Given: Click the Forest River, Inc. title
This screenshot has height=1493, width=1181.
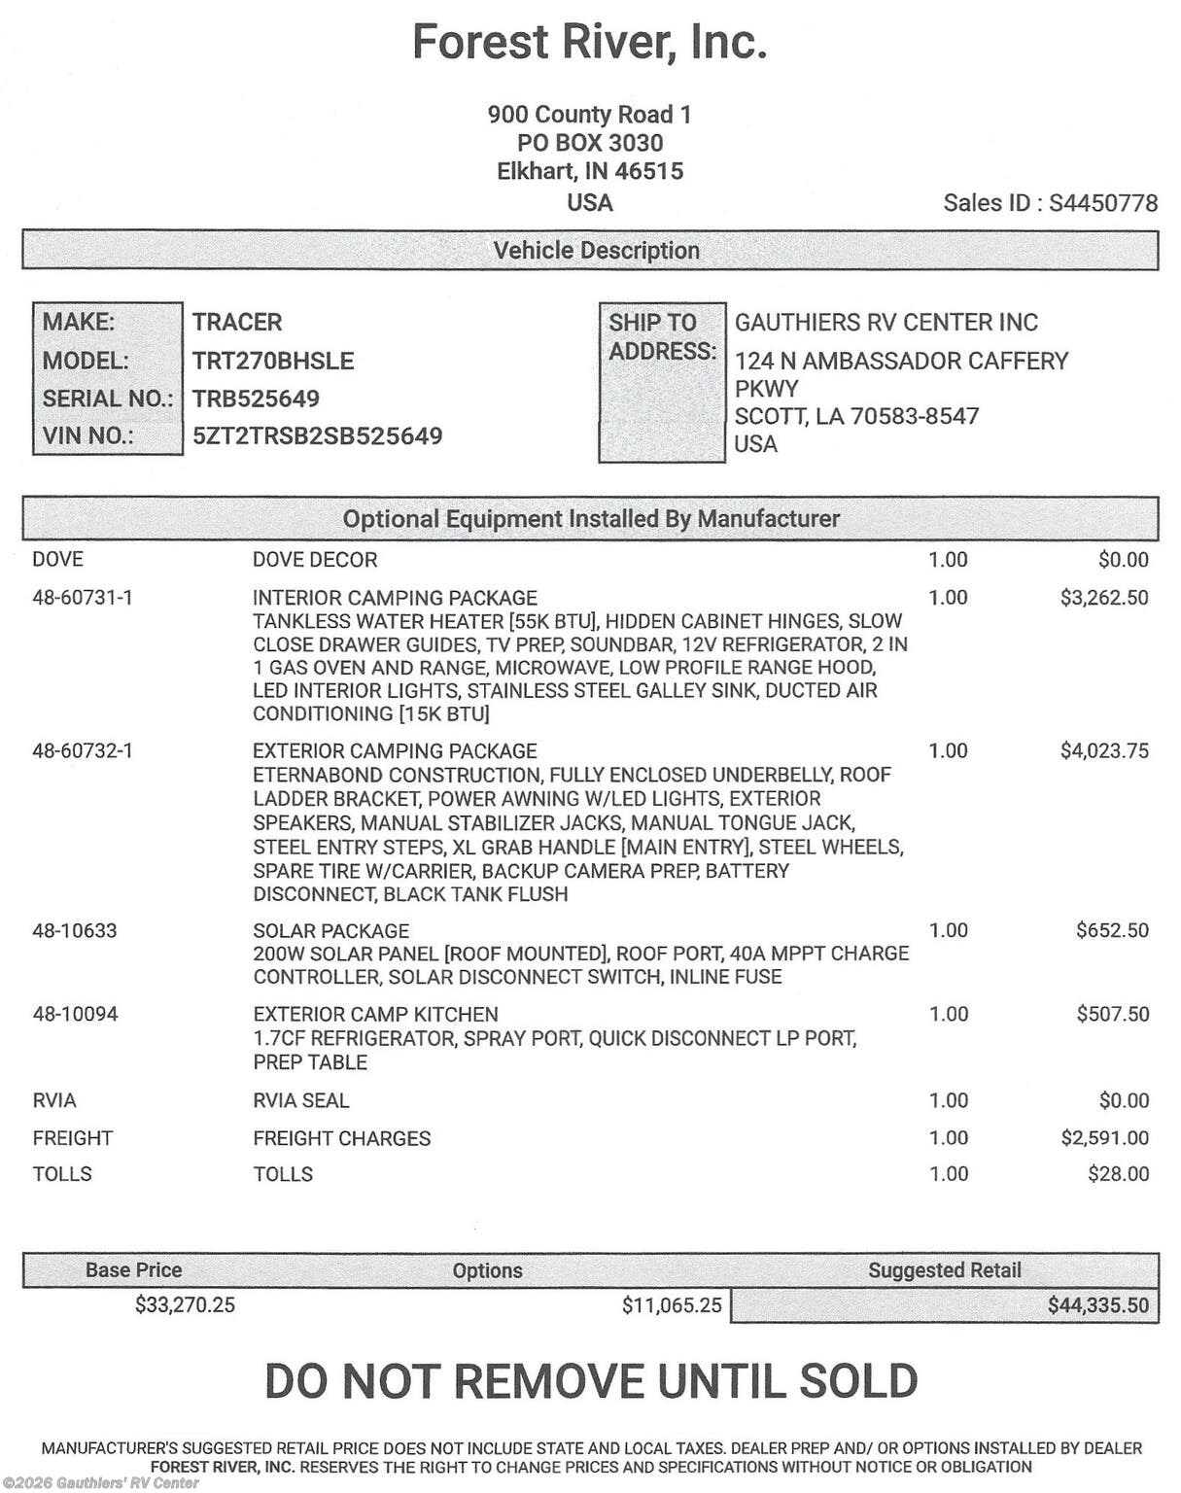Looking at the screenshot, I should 590,42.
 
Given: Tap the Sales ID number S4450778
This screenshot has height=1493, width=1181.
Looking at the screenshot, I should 1103,203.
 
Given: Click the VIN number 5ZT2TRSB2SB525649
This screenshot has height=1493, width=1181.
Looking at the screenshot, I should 317,435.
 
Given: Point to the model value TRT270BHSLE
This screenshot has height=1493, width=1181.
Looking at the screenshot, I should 273,361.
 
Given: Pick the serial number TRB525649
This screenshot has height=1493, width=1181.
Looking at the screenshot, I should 256,399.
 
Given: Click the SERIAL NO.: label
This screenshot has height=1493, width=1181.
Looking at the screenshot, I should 107,399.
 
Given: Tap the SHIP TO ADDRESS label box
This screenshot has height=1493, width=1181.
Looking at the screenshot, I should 662,381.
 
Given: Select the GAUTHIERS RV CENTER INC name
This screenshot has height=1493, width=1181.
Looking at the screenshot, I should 886,323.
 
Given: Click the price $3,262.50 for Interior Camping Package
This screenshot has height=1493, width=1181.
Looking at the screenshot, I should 1103,598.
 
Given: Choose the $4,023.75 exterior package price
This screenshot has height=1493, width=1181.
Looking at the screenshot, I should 1103,751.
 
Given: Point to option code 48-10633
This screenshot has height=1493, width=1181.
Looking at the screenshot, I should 75,931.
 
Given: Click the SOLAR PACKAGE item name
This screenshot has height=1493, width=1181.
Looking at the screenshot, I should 330,931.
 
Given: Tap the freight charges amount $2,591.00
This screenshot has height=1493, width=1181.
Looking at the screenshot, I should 1103,1138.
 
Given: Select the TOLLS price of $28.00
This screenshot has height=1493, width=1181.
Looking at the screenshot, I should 1118,1174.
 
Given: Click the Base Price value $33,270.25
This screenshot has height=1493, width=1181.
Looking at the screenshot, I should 185,1305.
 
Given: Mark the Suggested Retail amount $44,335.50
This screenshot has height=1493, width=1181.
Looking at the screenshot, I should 1097,1305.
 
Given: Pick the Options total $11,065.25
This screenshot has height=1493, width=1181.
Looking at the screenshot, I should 672,1305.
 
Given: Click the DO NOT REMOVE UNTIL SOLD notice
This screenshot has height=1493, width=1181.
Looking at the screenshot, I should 590,1381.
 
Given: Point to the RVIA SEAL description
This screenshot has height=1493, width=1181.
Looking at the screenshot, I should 300,1101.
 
